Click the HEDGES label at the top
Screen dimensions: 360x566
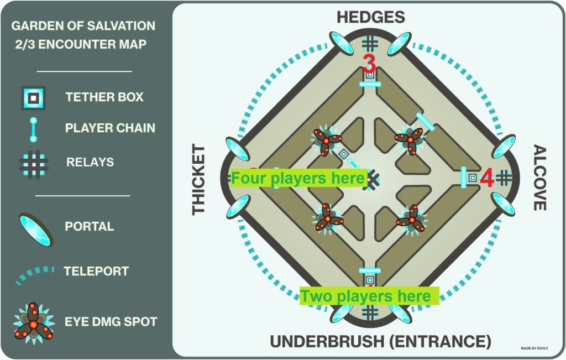click(x=370, y=17)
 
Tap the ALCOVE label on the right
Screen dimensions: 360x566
click(x=540, y=178)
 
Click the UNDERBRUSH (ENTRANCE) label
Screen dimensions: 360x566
click(x=380, y=341)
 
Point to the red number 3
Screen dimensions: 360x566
click(x=369, y=63)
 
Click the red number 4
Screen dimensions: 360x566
click(x=487, y=178)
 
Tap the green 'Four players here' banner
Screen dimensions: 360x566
click(x=298, y=178)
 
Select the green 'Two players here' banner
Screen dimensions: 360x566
click(x=369, y=296)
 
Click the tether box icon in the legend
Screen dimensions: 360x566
click(x=33, y=98)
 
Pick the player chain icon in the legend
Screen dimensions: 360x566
click(x=33, y=128)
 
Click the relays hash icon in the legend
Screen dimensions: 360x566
click(x=33, y=162)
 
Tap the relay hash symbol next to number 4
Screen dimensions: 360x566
click(x=504, y=178)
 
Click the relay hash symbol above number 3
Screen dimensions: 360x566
click(x=370, y=44)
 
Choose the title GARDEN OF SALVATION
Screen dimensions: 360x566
click(x=83, y=26)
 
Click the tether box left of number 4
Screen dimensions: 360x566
click(x=473, y=178)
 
